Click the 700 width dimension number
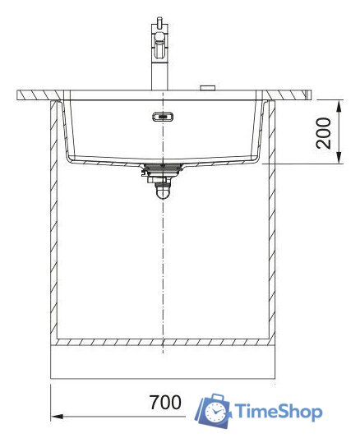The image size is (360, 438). click(x=165, y=403)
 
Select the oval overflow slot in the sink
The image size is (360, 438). click(x=163, y=116)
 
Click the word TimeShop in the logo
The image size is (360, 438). click(x=278, y=411)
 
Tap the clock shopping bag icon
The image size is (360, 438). click(x=213, y=410)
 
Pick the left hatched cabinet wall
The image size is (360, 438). click(x=55, y=222)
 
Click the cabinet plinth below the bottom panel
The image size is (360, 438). click(x=163, y=362)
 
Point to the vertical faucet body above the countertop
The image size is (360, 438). click(x=157, y=70)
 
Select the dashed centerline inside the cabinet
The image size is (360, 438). click(x=163, y=263)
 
